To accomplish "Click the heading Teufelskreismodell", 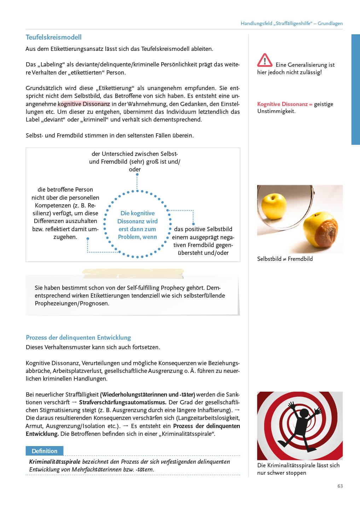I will tap(53, 37).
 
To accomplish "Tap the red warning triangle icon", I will tap(265, 60).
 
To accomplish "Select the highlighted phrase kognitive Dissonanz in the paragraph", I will tap(84, 104).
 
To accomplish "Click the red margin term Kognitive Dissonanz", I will tap(282, 104).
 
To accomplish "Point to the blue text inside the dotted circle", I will tap(137, 225).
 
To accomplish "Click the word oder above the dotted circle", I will tap(135, 169).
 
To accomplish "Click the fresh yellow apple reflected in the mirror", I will tap(273, 205).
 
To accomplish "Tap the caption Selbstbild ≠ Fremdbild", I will tap(285, 259).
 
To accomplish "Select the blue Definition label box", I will tap(44, 451).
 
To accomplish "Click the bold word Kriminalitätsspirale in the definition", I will tap(54, 462).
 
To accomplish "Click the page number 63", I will tap(340, 486).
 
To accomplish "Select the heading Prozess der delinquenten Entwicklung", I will tap(78, 337).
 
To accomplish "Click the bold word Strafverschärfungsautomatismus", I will tap(122, 402).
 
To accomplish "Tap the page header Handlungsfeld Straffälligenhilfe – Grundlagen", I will tap(291, 23).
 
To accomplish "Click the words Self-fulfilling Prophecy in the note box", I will tap(156, 288).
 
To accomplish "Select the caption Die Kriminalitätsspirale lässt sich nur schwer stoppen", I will tap(298, 469).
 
